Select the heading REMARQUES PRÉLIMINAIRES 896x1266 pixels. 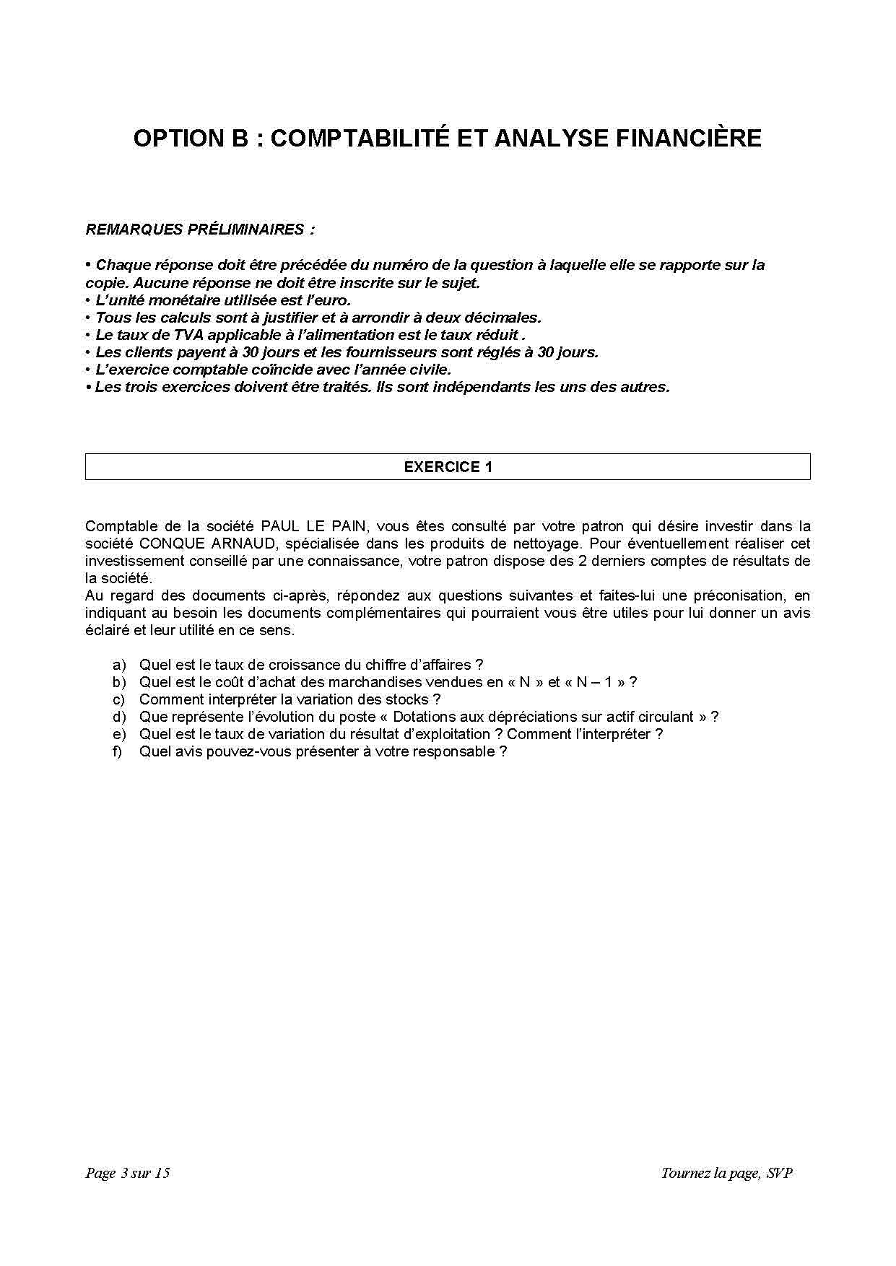click(x=200, y=230)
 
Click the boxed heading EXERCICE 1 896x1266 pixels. click(x=448, y=467)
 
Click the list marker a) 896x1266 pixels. click(x=119, y=665)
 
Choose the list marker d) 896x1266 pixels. click(x=119, y=717)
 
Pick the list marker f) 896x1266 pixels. click(x=118, y=751)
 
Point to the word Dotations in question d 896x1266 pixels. click(x=424, y=717)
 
